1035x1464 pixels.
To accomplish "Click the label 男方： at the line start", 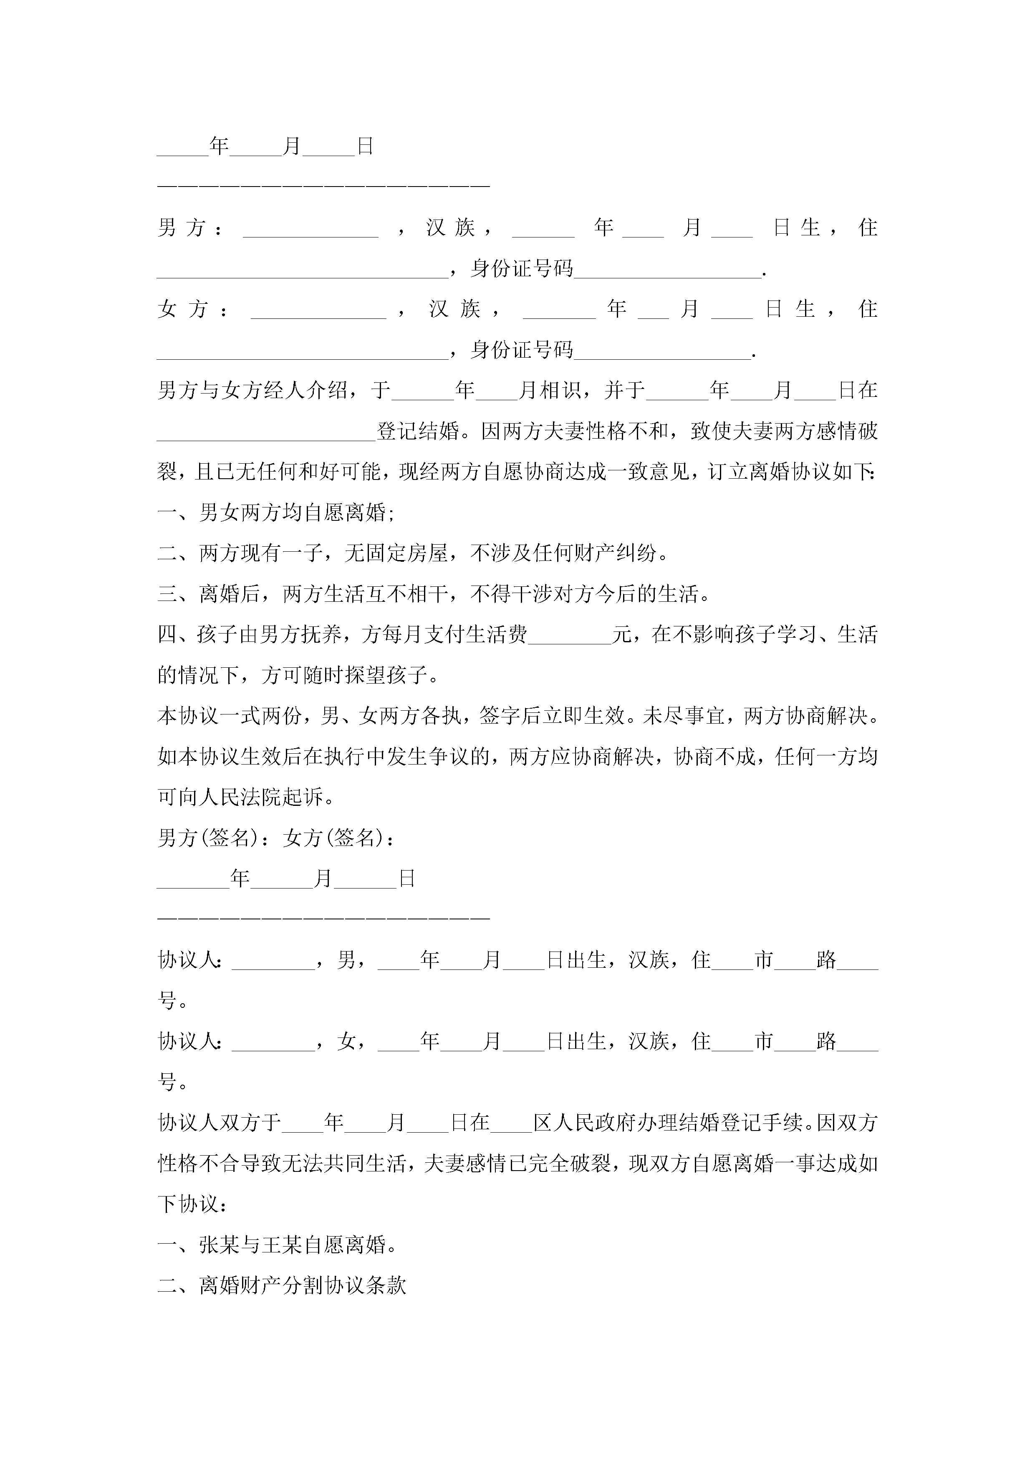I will [190, 227].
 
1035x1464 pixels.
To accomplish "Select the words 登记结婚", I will [418, 432].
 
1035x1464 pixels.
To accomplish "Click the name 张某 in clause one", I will [220, 1245].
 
